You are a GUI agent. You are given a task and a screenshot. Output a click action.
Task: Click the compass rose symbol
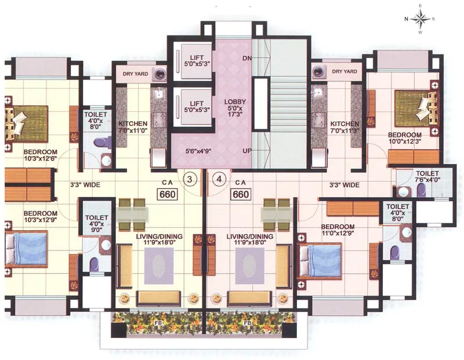pyautogui.click(x=420, y=19)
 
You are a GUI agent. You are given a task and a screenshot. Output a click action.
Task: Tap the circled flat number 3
pyautogui.click(x=190, y=179)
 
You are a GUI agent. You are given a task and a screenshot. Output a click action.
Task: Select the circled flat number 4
pyautogui.click(x=219, y=179)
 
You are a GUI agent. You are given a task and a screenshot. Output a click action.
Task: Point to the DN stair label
pyautogui.click(x=246, y=59)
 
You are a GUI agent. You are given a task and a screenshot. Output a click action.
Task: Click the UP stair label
pyautogui.click(x=246, y=151)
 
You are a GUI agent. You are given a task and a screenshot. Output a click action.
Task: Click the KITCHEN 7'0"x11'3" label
pyautogui.click(x=345, y=128)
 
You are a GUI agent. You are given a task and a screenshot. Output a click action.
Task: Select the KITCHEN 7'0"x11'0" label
pyautogui.click(x=133, y=128)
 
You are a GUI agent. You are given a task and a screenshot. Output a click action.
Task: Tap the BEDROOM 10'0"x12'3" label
pyautogui.click(x=405, y=139)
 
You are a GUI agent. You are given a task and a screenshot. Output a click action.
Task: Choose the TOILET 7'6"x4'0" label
pyautogui.click(x=427, y=177)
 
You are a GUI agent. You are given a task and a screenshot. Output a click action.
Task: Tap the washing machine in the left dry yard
pyautogui.click(x=159, y=73)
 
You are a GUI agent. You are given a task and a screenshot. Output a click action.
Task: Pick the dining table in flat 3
pyautogui.click(x=131, y=213)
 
